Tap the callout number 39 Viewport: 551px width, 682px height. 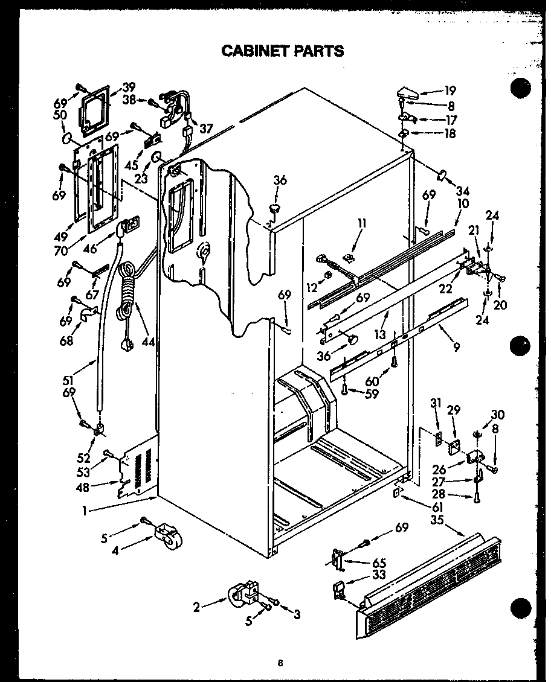[129, 87]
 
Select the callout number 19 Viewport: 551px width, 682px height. [450, 92]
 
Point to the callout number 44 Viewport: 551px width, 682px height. [148, 342]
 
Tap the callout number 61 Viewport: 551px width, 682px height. [437, 506]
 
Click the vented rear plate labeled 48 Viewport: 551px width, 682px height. [140, 467]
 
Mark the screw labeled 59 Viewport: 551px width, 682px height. [344, 390]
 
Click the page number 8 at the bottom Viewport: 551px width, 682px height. [280, 663]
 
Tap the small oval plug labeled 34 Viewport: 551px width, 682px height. [442, 175]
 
